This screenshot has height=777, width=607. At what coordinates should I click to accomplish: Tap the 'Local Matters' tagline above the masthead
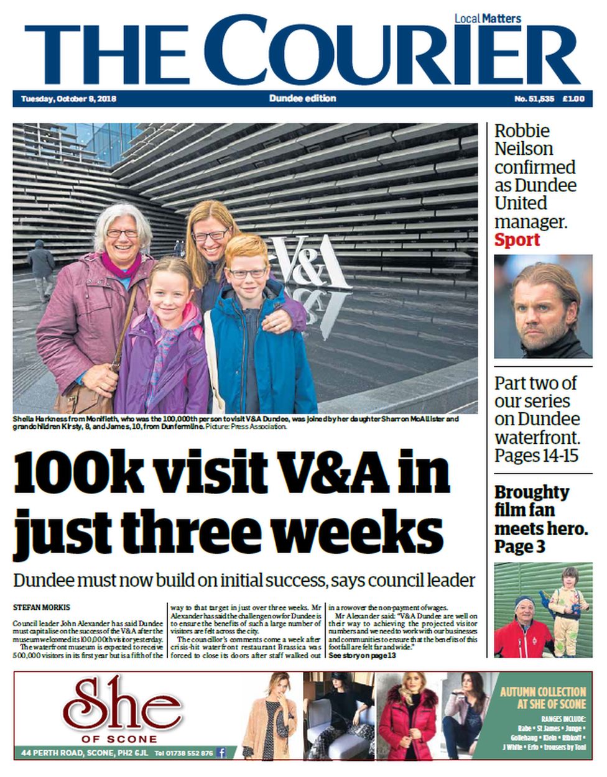pos(488,19)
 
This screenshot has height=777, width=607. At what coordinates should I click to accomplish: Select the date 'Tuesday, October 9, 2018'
pos(68,99)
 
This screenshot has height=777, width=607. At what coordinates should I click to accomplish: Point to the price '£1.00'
pos(573,99)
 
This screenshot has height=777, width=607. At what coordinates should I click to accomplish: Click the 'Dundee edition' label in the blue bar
pos(303,98)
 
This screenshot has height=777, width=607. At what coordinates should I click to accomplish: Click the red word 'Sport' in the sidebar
pos(517,240)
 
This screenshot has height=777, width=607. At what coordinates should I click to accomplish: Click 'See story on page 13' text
pos(362,655)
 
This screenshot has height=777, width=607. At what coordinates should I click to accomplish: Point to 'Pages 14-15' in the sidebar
pos(536,456)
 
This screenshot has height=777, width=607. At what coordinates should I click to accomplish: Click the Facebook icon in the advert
pos(221,753)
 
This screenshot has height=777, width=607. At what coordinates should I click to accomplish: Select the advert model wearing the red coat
pos(407,715)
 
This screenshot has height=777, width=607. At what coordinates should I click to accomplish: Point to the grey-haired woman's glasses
pos(122,233)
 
